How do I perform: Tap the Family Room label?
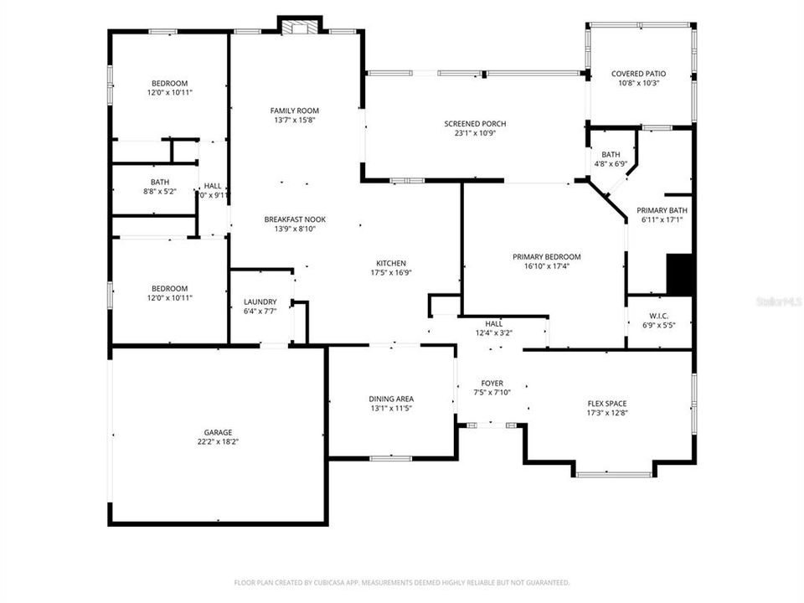pos(294,111)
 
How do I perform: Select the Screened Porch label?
pos(475,124)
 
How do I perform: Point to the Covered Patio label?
pos(639,74)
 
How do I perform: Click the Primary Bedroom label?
pos(546,257)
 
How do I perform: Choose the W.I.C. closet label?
pos(659,316)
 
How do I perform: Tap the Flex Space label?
pos(607,404)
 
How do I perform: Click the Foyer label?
pos(492,383)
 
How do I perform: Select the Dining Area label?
pos(391,399)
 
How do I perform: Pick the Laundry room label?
pos(260,301)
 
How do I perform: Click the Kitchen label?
pos(391,262)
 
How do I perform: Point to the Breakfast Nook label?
pos(295,219)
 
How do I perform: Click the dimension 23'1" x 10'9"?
pos(475,133)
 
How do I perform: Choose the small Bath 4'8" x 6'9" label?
pos(611,154)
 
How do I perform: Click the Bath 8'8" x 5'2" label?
pos(160,182)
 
